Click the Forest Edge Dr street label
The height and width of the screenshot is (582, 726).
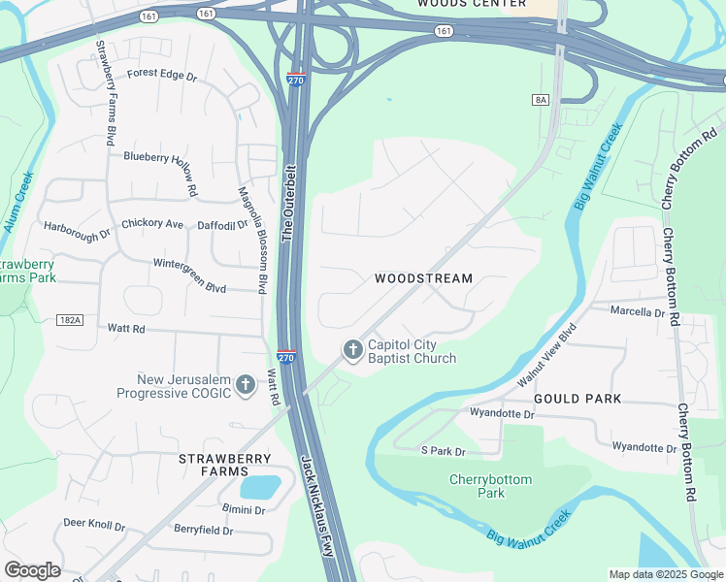pos(161,74)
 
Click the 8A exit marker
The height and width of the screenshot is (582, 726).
pos(541,100)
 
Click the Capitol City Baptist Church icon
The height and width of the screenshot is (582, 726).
pos(352,349)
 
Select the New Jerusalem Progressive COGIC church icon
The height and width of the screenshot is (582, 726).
pos(246,385)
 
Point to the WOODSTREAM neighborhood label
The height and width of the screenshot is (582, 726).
pos(424,278)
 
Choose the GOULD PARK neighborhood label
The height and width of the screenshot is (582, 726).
pos(577,399)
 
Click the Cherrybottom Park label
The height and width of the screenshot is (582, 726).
pos(478,486)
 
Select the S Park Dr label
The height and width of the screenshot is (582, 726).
pos(443,451)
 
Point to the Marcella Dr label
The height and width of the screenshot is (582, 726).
pos(637,312)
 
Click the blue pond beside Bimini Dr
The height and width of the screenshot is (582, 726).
pos(259,486)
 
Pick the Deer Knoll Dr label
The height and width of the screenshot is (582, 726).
pos(94,525)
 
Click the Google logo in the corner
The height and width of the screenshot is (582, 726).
pos(32,569)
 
